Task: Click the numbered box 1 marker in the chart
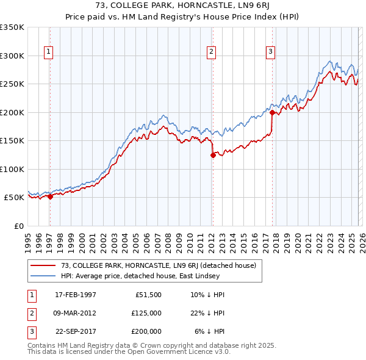[x=48, y=52]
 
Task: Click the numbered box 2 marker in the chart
[x=210, y=52]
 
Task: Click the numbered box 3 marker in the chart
[x=270, y=52]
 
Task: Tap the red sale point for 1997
[x=51, y=196]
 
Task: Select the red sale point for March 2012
[x=213, y=155]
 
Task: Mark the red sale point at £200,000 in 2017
[x=272, y=112]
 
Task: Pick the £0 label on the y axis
[x=18, y=226]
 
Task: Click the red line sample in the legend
[x=43, y=265]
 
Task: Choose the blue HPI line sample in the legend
[x=43, y=276]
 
